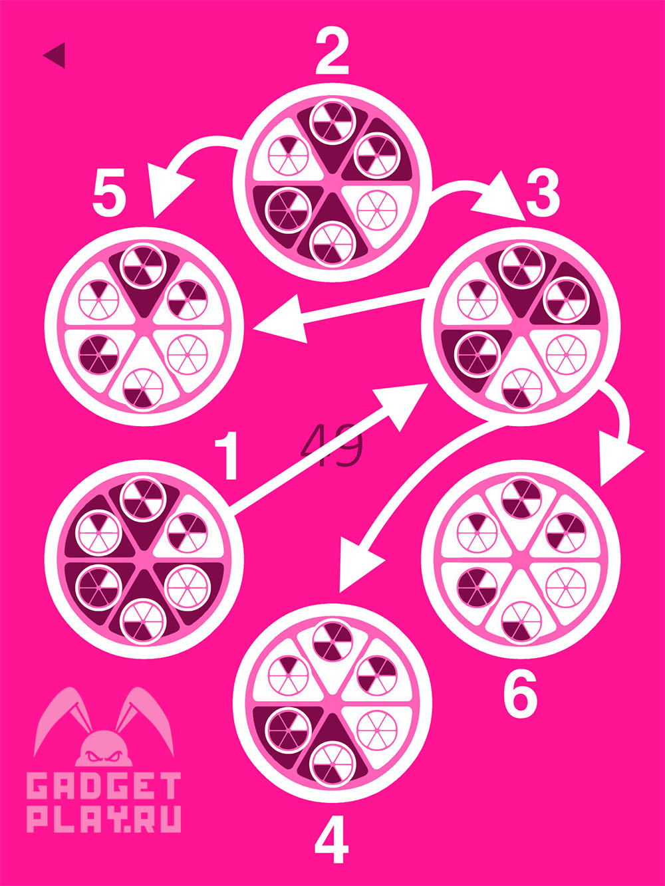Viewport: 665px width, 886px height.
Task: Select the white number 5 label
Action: pyautogui.click(x=109, y=196)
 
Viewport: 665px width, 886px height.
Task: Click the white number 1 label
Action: pyautogui.click(x=227, y=455)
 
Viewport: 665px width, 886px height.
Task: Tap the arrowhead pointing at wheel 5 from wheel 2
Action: pyautogui.click(x=166, y=189)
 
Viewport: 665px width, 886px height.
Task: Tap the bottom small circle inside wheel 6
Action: pyautogui.click(x=521, y=621)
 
